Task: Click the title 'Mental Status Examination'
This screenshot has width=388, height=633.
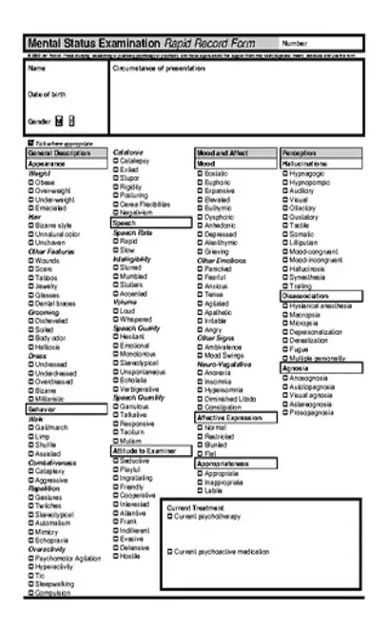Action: (94, 44)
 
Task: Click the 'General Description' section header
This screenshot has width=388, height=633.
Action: (59, 152)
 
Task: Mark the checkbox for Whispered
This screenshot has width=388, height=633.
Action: (117, 320)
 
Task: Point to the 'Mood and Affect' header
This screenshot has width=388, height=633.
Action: (222, 152)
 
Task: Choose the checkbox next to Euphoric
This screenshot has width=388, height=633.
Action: (200, 182)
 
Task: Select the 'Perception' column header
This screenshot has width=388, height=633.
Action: (300, 152)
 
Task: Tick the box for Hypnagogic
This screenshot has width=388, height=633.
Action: (284, 173)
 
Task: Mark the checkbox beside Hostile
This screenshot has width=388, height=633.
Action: (117, 555)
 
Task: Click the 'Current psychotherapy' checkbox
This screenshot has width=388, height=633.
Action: (169, 515)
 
